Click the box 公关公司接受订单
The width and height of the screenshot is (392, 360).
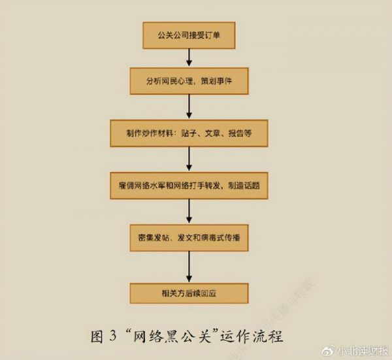[x=189, y=35]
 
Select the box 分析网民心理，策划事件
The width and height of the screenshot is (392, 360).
[x=189, y=81]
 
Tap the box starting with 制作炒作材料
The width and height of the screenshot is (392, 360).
[x=189, y=133]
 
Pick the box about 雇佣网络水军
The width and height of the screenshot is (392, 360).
[x=189, y=186]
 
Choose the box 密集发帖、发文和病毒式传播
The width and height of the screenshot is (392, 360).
[x=189, y=238]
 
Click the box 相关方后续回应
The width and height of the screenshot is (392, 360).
[x=189, y=293]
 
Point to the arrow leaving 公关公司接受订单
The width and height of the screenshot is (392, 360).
[x=189, y=57]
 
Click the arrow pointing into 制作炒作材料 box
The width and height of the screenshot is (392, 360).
[x=189, y=106]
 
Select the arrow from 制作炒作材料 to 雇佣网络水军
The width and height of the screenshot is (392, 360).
[x=189, y=159]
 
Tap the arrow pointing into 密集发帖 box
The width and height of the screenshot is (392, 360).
[x=189, y=211]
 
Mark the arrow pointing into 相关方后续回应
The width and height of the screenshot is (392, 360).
[x=189, y=267]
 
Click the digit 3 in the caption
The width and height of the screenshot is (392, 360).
[x=113, y=336]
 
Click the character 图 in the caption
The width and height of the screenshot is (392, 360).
[x=97, y=336]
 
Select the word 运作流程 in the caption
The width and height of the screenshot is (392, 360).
[x=252, y=336]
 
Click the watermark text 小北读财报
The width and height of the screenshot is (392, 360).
[x=362, y=352]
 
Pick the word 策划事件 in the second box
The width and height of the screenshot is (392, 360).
[x=216, y=81]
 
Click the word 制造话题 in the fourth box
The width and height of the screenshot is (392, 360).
[x=244, y=186]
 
